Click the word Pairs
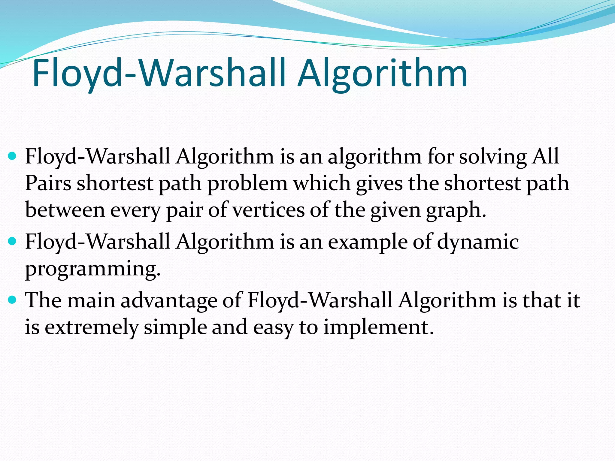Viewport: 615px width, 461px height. [x=48, y=183]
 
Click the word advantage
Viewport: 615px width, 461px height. [x=169, y=300]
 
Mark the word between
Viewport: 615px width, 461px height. [x=65, y=210]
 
